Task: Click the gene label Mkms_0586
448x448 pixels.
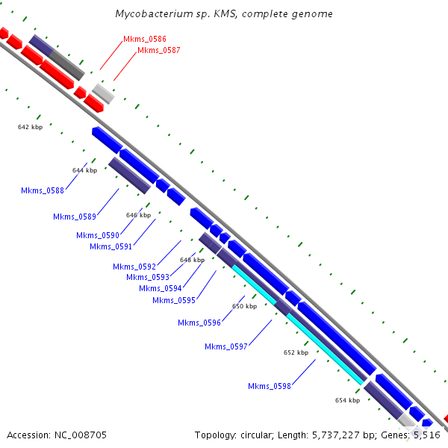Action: pyautogui.click(x=145, y=38)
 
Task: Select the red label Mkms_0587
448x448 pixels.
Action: pyautogui.click(x=158, y=50)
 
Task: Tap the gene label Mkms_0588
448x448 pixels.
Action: pyautogui.click(x=43, y=190)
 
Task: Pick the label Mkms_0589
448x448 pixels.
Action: pyautogui.click(x=75, y=217)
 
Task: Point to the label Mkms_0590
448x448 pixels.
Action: pyautogui.click(x=98, y=235)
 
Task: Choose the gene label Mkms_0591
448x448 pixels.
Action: pyautogui.click(x=111, y=246)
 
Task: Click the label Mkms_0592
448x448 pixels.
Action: pyautogui.click(x=134, y=267)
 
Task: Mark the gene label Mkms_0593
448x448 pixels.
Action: pyautogui.click(x=148, y=277)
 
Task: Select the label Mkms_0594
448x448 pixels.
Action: pyautogui.click(x=161, y=288)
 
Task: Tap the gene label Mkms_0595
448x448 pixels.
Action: pyautogui.click(x=174, y=300)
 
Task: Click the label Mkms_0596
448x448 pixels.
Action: pyautogui.click(x=199, y=323)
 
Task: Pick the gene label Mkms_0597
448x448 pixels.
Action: pyautogui.click(x=226, y=346)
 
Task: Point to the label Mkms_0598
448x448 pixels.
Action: pyautogui.click(x=270, y=386)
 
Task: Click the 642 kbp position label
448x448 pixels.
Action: pyautogui.click(x=31, y=127)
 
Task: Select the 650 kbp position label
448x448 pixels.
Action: pyautogui.click(x=244, y=306)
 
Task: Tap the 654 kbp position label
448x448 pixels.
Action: pyautogui.click(x=347, y=400)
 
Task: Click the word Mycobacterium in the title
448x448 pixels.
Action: pyautogui.click(x=150, y=14)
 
